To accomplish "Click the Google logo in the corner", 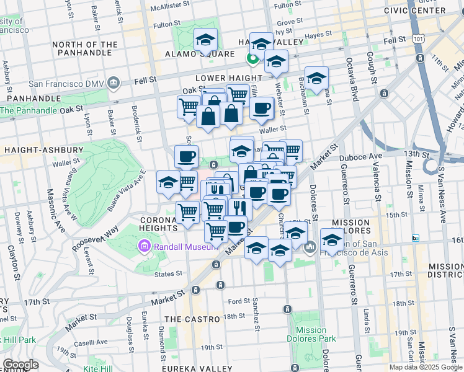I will click(20, 365).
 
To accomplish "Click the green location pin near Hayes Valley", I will click(252, 59).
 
